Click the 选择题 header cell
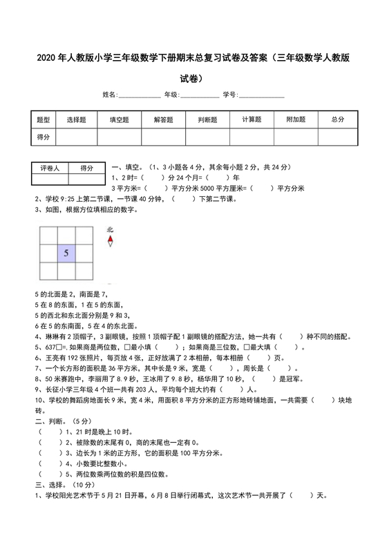point(76,119)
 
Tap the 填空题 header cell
point(120,119)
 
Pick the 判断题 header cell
point(207,119)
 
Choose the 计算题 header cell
point(252,119)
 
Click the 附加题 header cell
point(296,119)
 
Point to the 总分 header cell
point(337,119)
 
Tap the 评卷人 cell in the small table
point(50,168)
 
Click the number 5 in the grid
point(66,253)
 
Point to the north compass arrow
point(111,240)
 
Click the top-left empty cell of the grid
point(48,234)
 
